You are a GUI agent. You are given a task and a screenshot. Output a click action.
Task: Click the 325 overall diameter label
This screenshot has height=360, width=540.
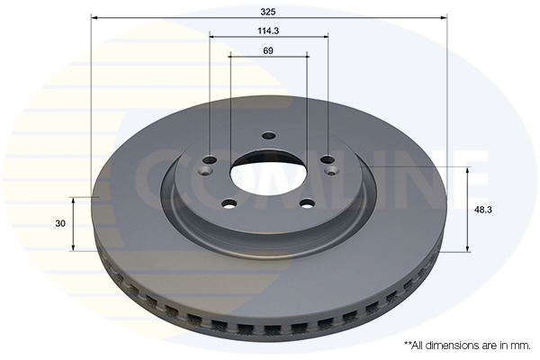pyautogui.click(x=268, y=12)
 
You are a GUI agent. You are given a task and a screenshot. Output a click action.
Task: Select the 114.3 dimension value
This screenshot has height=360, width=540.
pyautogui.click(x=268, y=31)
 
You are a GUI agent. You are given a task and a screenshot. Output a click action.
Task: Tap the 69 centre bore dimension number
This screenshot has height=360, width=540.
pyautogui.click(x=268, y=51)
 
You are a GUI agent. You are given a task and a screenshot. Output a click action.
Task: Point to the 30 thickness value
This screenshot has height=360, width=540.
pyautogui.click(x=60, y=223)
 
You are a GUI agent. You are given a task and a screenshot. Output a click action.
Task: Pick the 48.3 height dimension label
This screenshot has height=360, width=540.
pyautogui.click(x=482, y=210)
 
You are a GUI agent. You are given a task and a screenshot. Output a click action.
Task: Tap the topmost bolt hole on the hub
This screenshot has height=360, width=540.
pyautogui.click(x=269, y=136)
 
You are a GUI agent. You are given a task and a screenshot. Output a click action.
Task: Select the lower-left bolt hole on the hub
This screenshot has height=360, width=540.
pyautogui.click(x=229, y=204)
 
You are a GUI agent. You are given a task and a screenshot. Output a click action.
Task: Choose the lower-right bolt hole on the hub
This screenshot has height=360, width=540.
pyautogui.click(x=307, y=204)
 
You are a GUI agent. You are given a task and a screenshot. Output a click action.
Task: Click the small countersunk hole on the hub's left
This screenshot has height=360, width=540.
pyautogui.click(x=206, y=170)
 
